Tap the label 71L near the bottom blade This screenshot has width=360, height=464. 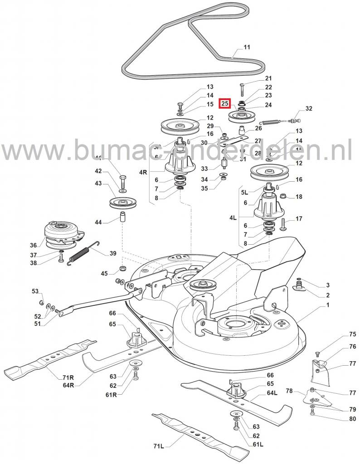158,446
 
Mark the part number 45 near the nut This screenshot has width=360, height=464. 104,273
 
